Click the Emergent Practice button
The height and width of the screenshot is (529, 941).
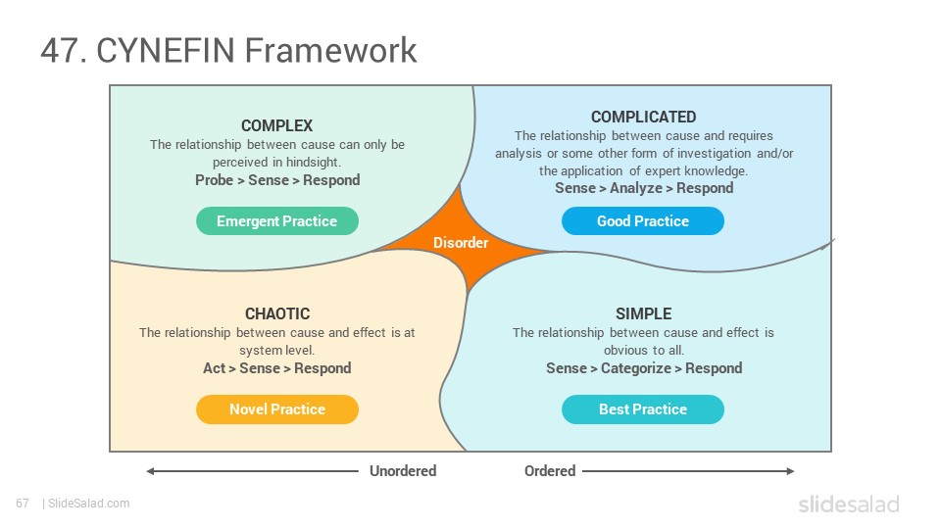[277, 220]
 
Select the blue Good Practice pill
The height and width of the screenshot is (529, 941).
[643, 220]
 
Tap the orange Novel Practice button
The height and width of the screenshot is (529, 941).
[277, 409]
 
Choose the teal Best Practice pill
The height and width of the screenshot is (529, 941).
[643, 409]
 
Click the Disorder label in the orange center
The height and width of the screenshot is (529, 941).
[461, 242]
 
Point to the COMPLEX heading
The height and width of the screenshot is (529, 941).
[276, 125]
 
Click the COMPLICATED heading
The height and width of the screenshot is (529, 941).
[643, 117]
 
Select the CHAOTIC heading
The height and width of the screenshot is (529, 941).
[277, 313]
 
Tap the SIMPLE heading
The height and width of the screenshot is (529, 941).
[643, 313]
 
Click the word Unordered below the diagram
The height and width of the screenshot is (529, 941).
[403, 471]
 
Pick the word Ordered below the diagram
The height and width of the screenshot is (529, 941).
[550, 471]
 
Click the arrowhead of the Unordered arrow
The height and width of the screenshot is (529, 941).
[150, 471]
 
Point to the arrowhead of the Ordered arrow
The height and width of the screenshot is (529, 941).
[790, 471]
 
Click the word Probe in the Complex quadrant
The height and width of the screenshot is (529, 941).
[215, 180]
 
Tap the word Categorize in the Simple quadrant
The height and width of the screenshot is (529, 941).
[636, 368]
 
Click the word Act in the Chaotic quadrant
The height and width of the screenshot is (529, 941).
[215, 368]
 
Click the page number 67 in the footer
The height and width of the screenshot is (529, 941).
[23, 504]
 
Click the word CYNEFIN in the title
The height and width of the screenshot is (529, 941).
[167, 50]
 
